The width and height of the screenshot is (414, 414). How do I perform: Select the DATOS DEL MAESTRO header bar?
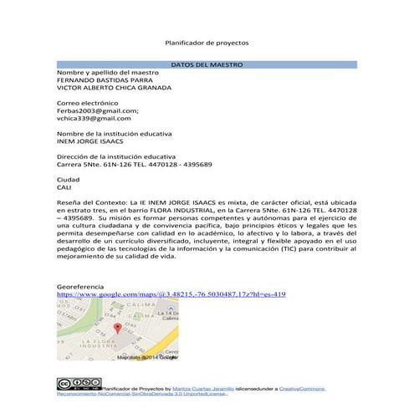pyautogui.click(x=206, y=64)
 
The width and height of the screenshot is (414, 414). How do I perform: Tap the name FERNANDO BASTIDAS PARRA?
pyautogui.click(x=99, y=79)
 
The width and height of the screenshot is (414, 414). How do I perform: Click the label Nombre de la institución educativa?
pyautogui.click(x=113, y=134)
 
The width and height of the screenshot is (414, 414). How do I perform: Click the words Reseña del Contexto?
pyautogui.click(x=89, y=203)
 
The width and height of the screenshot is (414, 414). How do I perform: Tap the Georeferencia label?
pyautogui.click(x=79, y=287)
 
